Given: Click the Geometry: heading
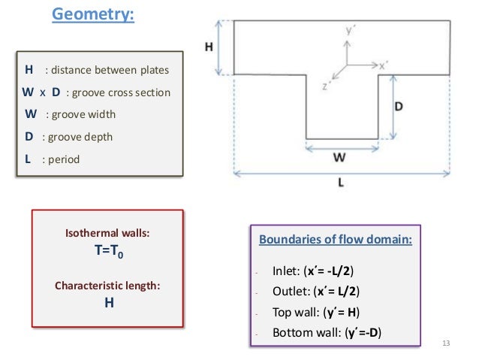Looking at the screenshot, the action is (x=92, y=14).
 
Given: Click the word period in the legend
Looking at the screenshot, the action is (x=61, y=160).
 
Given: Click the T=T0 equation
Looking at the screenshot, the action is (x=107, y=253).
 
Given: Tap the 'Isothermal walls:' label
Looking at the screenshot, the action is (x=107, y=234).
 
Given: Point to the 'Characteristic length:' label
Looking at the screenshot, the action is (x=107, y=286).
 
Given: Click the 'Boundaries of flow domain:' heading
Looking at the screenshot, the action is (x=336, y=241).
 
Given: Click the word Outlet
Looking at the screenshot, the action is (x=288, y=292).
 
